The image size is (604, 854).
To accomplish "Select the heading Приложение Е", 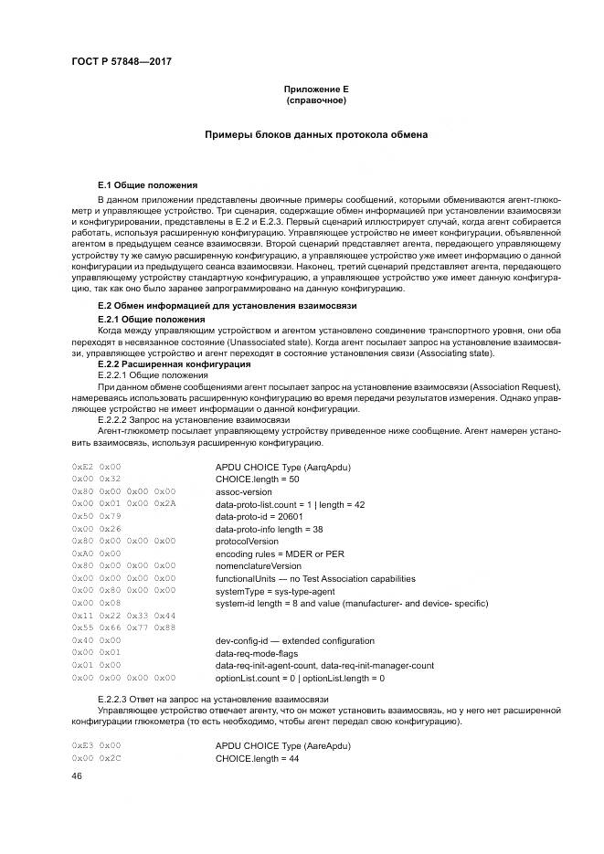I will (316, 89).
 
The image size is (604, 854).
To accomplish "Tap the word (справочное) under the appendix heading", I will (316, 100).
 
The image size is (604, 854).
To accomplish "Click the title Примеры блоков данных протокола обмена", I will (316, 135).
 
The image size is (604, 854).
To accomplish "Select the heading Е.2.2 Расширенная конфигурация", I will (161, 364).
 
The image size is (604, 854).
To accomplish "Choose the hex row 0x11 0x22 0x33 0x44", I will (123, 616).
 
